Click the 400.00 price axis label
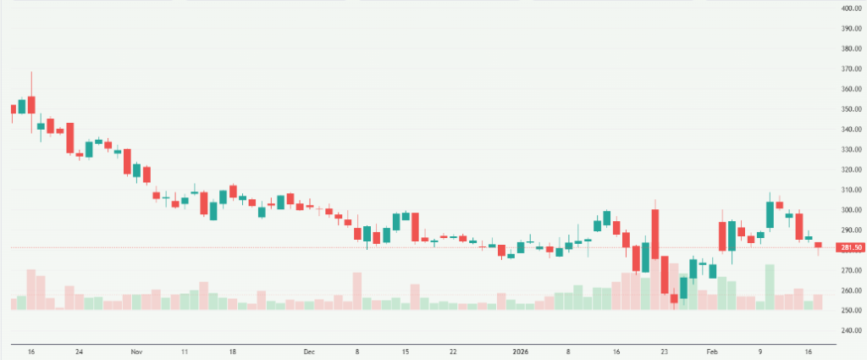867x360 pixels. tap(850, 8)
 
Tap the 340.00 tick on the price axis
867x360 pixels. tap(850, 130)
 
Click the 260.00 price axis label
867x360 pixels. tap(850, 291)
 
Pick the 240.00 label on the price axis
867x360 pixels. tap(850, 330)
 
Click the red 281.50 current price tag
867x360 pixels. tap(850, 247)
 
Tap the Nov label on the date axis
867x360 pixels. tap(136, 350)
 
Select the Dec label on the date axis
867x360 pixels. tap(309, 350)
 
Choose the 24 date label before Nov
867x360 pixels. tap(79, 350)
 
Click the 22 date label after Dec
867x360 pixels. tap(453, 350)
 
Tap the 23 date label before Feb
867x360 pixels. tap(665, 350)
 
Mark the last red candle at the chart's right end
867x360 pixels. tap(818, 245)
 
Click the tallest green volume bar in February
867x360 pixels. tap(770, 286)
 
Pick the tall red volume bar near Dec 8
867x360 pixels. tap(357, 290)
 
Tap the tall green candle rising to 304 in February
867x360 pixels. tap(770, 214)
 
